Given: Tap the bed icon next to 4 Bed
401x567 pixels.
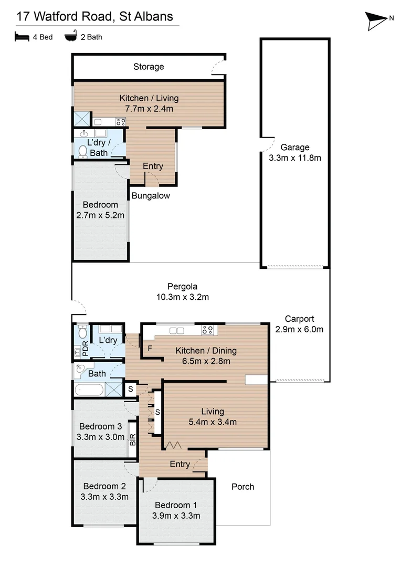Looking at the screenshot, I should coord(22,37).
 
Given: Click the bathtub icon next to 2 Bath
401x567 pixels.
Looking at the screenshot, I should coord(70,37).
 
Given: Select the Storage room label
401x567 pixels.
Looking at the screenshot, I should coord(149,67).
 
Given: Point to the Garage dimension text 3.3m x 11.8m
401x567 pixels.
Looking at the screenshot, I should coord(294,157).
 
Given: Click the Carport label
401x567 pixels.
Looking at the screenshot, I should coord(299,319).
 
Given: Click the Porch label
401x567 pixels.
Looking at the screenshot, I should coord(242,487).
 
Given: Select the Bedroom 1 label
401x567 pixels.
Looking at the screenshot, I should coord(177,505).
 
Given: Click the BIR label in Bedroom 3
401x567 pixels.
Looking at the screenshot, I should coord(132,440).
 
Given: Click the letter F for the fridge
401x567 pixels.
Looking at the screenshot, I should coord(150,348).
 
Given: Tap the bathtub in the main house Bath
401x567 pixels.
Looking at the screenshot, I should coord(89,390).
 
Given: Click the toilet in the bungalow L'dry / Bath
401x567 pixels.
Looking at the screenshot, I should coord(82,151).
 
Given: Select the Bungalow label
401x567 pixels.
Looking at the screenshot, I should coord(151,196).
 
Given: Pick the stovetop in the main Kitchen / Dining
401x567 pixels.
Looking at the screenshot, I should coord(207,330).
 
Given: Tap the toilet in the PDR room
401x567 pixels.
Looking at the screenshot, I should coord(82,332).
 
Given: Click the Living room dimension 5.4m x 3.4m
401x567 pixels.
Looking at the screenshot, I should coord(212,422).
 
